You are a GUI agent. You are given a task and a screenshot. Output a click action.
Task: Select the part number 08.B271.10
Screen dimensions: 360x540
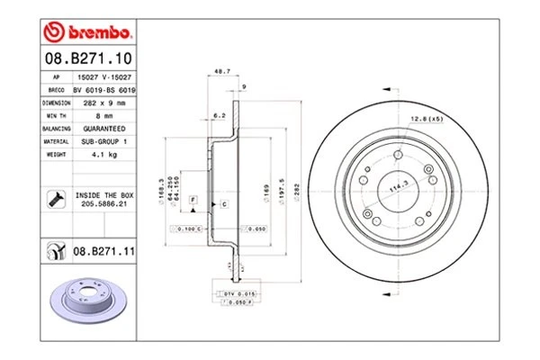coord(86,58)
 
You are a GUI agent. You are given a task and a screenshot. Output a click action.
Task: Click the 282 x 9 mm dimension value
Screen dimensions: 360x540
coord(105,103)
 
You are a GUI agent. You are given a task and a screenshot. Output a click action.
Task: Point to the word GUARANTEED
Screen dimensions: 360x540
coord(104,129)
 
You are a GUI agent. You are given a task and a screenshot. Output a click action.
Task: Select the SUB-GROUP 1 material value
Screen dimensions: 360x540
coord(104,141)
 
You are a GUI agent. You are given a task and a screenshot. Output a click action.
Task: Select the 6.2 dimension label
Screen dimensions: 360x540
coord(219,114)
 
